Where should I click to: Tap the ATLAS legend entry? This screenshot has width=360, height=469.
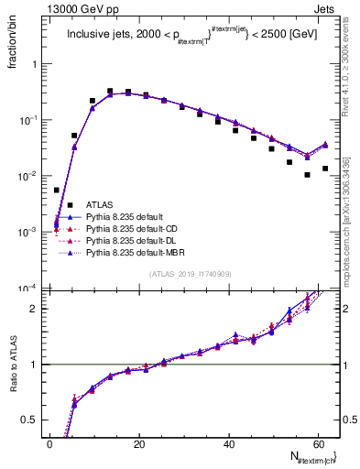coord(99,204)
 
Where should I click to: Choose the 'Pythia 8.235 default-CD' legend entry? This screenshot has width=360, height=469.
coord(131,228)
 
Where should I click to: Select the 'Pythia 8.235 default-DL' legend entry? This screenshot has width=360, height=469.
coord(131,240)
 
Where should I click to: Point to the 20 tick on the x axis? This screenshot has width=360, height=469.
coord(139,443)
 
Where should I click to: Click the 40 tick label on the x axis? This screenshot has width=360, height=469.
coord(229,443)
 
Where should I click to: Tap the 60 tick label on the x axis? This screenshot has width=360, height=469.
coord(318,443)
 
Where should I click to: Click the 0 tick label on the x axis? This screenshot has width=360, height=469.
coord(50,443)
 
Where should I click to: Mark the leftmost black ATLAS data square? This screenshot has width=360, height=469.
coord(57,191)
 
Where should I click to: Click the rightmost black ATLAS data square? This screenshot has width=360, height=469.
coord(325,169)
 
